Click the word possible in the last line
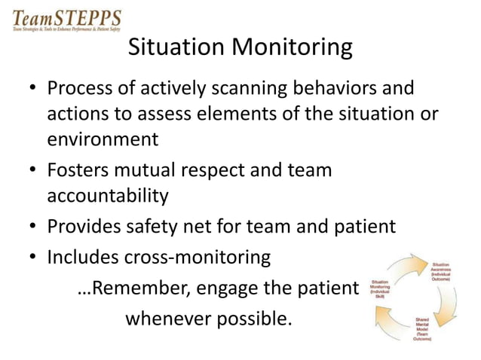point(253,318)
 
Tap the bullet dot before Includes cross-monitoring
point(32,258)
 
